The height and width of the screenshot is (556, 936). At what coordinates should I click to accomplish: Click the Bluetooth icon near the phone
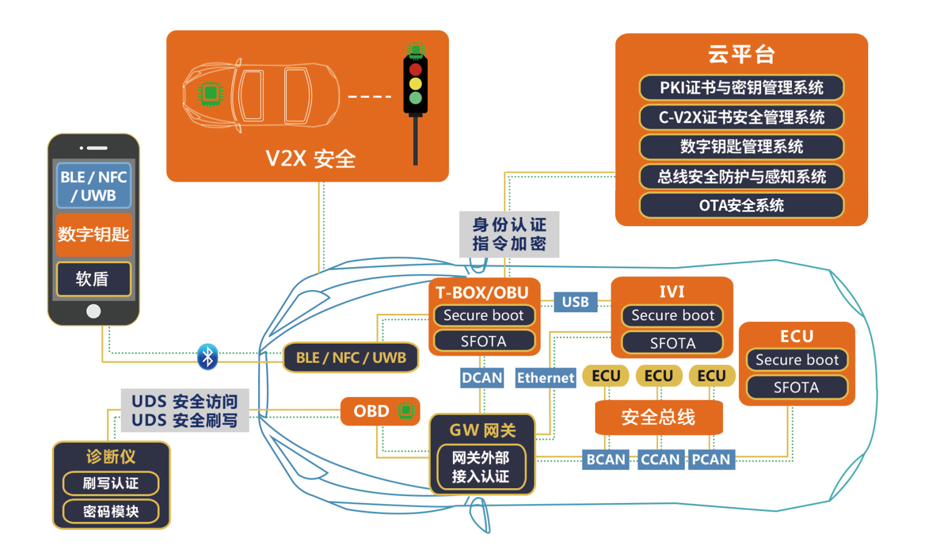tap(207, 357)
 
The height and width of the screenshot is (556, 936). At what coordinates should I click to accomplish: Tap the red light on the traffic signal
tap(415, 70)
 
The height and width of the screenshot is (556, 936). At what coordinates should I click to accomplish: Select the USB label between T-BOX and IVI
tap(575, 302)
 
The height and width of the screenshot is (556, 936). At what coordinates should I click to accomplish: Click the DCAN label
tap(482, 378)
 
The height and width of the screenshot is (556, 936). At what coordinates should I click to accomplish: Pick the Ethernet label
tap(545, 378)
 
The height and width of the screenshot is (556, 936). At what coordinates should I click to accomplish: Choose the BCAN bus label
tap(606, 460)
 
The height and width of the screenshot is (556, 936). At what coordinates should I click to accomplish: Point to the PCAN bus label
tap(711, 460)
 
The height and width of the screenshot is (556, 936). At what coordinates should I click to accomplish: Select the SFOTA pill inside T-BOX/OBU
tap(483, 341)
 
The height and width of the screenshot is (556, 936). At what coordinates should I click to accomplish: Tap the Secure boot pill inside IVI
tap(672, 316)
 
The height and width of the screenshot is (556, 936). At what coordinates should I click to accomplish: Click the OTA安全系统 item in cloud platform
tap(741, 206)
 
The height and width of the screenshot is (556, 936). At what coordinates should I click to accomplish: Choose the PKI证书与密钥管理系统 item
tap(741, 88)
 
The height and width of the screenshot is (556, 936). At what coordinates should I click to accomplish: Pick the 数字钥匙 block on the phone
tap(94, 234)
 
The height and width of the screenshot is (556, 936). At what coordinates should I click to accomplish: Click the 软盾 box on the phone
tap(94, 279)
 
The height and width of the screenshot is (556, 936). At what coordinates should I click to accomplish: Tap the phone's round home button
tap(94, 311)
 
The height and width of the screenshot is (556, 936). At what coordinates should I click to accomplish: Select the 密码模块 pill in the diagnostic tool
tap(111, 511)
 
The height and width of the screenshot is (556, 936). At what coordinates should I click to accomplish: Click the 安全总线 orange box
tap(659, 417)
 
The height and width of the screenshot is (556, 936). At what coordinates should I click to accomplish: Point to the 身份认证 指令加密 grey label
tap(509, 234)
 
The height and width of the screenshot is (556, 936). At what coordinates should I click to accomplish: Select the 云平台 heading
tap(741, 55)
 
